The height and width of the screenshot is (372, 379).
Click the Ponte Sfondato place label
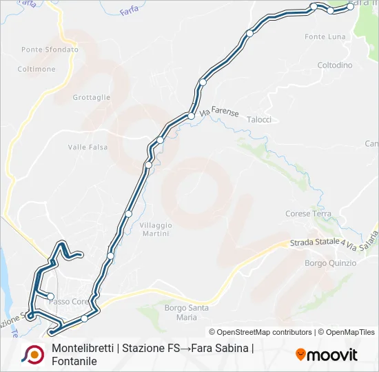coord(50,50)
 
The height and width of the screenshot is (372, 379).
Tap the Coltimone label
coord(37,69)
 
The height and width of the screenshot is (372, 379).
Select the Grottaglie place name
coord(92,97)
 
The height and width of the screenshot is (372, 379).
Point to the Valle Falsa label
coord(88,147)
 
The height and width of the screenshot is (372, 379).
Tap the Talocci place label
coord(258,119)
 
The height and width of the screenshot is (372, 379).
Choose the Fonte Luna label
coord(325,36)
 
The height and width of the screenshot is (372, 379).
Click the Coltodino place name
coord(335,65)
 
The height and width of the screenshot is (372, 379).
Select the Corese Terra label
coord(308,214)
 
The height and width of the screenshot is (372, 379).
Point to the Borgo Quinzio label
coord(330,263)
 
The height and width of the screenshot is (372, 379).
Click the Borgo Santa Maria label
coord(186,313)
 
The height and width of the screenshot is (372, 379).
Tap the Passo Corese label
coord(69,302)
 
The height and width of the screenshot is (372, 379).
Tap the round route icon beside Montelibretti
coord(32,354)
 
